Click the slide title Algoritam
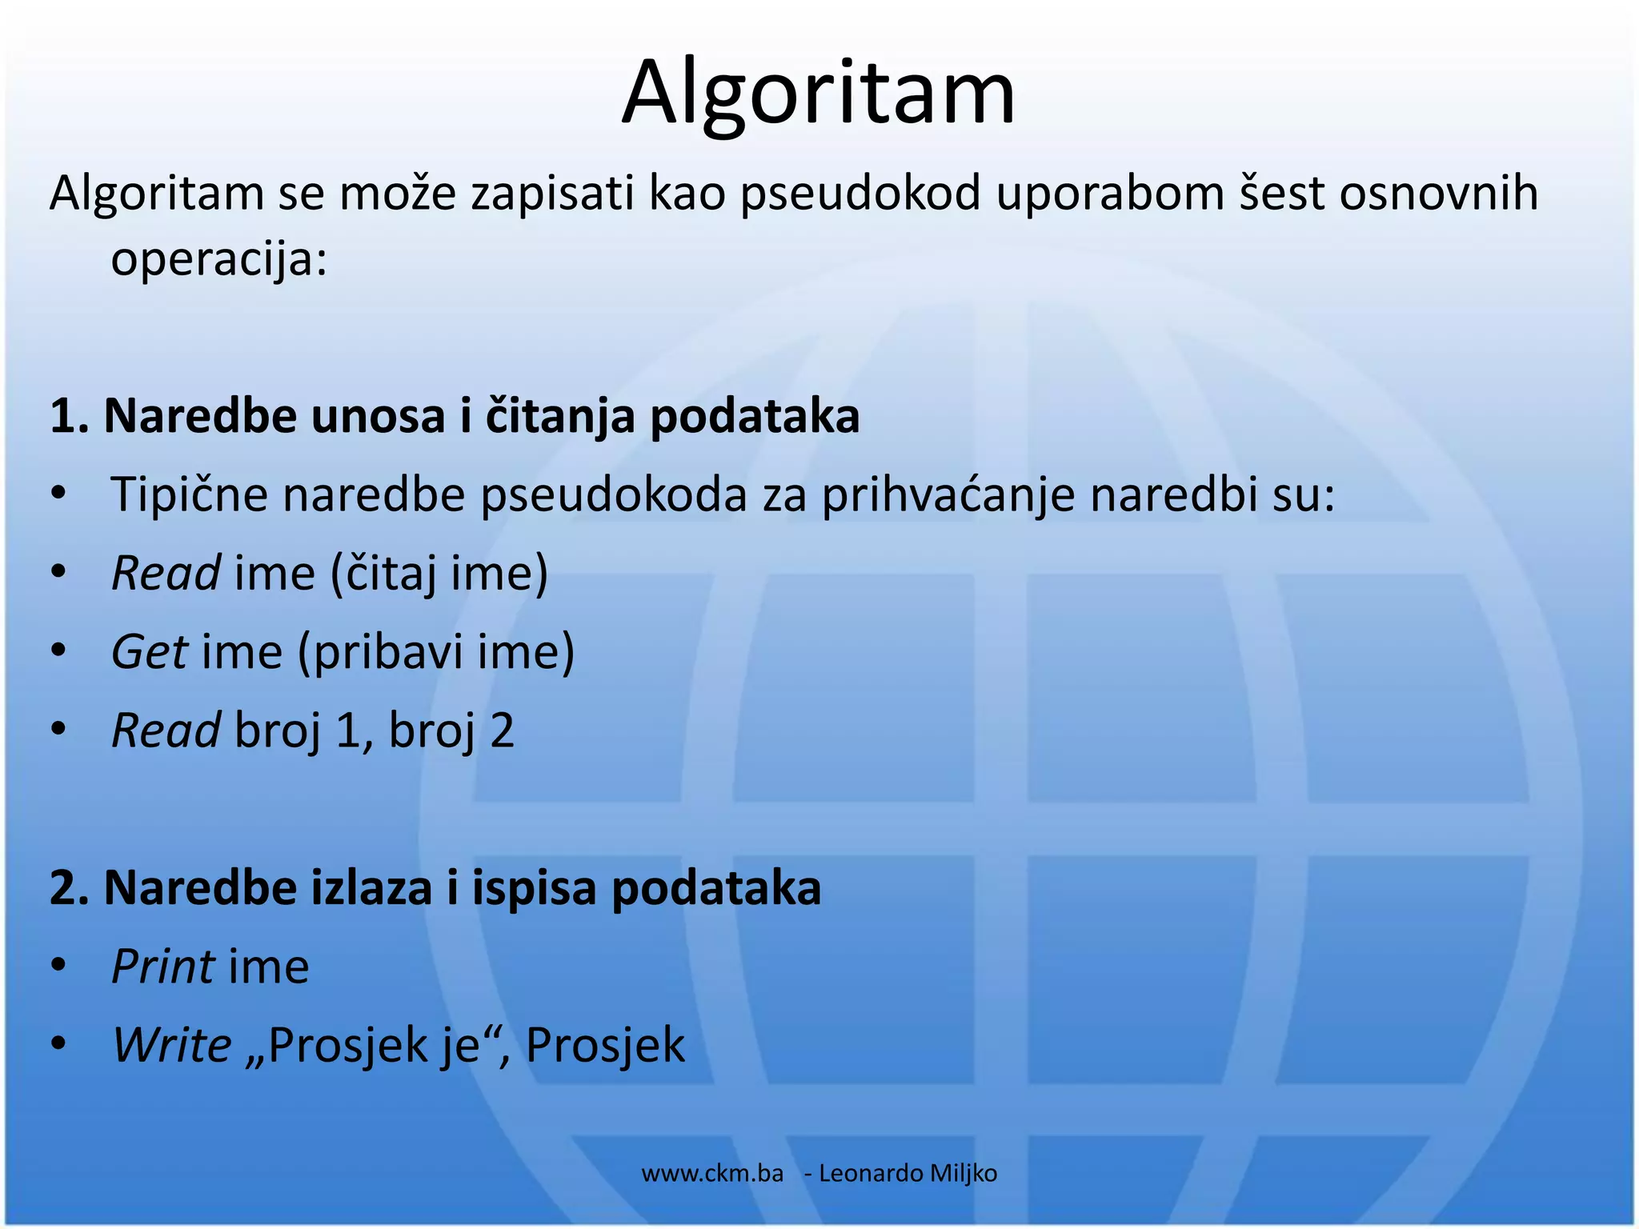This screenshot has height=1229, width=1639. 818,93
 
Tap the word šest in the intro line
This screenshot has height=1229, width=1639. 1280,194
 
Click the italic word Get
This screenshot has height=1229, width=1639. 150,652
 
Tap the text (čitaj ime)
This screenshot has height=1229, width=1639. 439,574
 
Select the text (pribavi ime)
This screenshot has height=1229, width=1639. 436,653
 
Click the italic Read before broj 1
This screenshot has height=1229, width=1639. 166,731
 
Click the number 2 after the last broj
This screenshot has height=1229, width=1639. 501,731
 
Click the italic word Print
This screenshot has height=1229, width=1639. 163,967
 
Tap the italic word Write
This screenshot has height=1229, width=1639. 171,1046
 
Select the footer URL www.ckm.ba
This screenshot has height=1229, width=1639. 712,1174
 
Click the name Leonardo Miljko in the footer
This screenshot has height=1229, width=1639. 908,1174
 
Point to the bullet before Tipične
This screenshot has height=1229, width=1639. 58,494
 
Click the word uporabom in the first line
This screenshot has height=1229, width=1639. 1110,195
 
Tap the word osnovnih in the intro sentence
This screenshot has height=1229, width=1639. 1438,194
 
